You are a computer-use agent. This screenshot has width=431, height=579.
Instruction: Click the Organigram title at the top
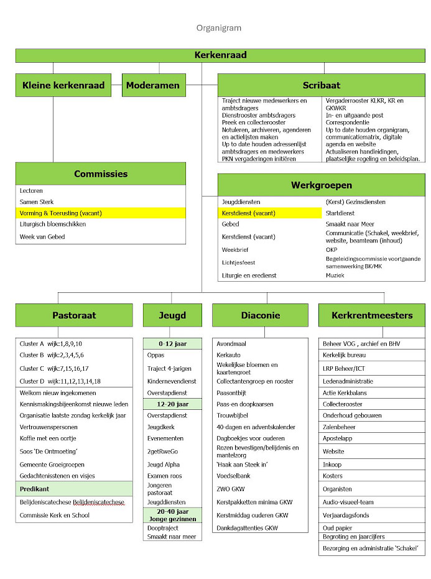coord(218,28)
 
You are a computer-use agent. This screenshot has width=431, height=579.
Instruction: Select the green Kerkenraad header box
coord(220,55)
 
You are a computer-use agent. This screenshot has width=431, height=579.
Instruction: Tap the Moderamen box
coord(152,85)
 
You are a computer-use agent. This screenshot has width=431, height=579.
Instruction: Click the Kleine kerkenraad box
coord(63,85)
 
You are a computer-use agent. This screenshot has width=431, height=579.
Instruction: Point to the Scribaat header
coord(321,85)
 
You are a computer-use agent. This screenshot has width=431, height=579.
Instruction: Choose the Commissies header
coord(101,174)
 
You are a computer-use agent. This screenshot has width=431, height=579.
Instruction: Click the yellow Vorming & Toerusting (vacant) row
coord(101,213)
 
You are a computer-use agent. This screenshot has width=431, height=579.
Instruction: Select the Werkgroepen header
coord(321,185)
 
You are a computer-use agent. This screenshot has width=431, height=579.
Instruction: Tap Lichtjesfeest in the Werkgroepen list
coord(239,262)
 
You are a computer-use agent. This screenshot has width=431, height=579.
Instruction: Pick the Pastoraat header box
coord(74,315)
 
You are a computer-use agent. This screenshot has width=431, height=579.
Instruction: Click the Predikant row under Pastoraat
coord(74,489)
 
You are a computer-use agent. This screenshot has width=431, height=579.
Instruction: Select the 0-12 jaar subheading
coord(173,343)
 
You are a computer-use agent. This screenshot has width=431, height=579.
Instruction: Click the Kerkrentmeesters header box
coord(372,315)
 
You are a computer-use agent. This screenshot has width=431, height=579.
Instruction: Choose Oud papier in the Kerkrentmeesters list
coord(336,525)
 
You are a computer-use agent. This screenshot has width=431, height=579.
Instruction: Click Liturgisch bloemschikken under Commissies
coord(53,224)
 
